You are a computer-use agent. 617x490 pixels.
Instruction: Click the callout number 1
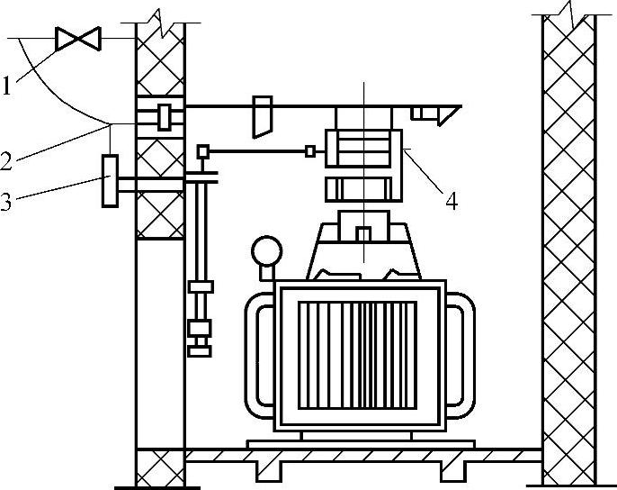point(7,87)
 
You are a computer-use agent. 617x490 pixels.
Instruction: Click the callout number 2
point(7,161)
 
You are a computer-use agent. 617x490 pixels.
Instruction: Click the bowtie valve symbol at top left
point(76,40)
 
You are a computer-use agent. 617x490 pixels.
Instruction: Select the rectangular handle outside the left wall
point(111,181)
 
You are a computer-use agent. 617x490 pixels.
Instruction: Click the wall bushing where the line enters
point(164,116)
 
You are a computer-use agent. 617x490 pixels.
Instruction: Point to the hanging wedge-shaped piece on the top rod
point(262,116)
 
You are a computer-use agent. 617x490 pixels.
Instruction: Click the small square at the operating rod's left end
point(203,150)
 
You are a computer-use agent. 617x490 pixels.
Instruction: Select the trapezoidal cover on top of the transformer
point(365,249)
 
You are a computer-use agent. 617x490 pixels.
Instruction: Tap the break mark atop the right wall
point(568,11)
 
